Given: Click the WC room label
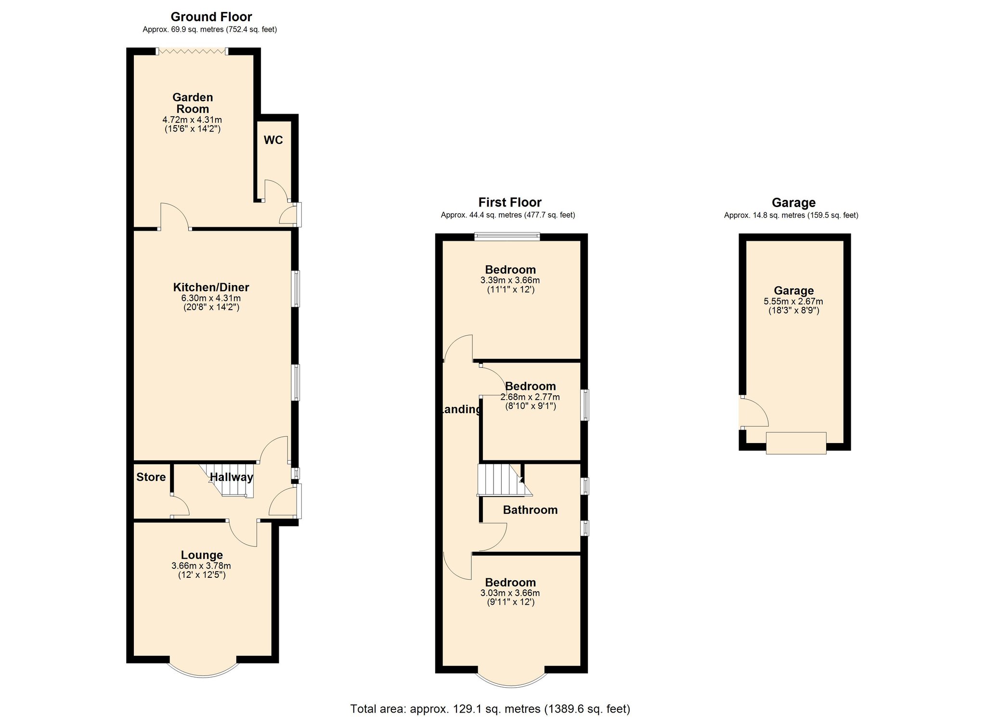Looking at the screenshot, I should (x=273, y=140).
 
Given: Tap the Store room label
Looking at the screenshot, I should (x=151, y=477).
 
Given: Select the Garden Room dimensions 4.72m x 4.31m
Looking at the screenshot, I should (x=192, y=119).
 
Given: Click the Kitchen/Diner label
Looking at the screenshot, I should (x=211, y=287).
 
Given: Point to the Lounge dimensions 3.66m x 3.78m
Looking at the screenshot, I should (x=201, y=566).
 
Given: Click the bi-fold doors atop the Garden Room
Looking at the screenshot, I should (x=192, y=51).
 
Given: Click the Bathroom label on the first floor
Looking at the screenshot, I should (x=530, y=510).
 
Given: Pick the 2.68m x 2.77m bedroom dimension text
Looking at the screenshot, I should (x=530, y=397).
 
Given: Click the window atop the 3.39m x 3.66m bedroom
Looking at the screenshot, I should (x=506, y=236).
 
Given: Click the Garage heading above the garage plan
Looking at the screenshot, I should (x=793, y=203).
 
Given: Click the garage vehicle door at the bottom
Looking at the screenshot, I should (x=796, y=443).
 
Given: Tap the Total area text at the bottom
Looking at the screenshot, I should (x=490, y=709).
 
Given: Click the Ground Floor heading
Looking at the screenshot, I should (x=211, y=17).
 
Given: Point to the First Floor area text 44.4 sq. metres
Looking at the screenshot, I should (x=507, y=215).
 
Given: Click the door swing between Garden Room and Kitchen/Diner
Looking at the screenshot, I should (x=174, y=217).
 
